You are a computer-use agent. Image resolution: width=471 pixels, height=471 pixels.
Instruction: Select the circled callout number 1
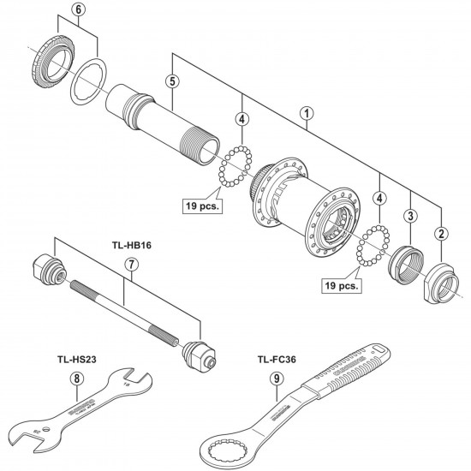(x=305, y=111)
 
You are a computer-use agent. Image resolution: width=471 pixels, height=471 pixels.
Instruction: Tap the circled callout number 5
(x=172, y=82)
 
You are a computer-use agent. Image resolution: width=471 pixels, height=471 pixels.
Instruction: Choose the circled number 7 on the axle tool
(x=131, y=265)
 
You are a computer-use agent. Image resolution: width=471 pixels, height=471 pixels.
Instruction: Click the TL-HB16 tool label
(x=129, y=242)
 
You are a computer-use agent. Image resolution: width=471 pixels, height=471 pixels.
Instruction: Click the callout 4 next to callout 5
(x=243, y=120)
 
